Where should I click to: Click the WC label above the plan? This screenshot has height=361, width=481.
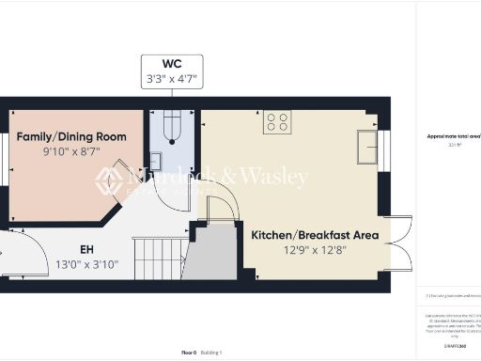(172, 64)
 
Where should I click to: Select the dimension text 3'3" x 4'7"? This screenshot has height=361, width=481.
(172, 80)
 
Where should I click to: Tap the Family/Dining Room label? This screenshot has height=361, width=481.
(71, 136)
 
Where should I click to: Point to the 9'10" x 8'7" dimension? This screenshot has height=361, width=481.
(71, 151)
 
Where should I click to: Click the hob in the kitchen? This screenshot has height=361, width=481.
(277, 121)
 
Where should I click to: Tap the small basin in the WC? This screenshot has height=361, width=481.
(156, 160)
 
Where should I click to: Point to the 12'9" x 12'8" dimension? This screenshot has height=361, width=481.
(315, 250)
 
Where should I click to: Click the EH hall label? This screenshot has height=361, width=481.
(87, 250)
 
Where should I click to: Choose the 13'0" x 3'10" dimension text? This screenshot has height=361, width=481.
(87, 265)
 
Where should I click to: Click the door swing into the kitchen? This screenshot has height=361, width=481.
(222, 203)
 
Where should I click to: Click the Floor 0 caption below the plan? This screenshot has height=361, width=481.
(189, 353)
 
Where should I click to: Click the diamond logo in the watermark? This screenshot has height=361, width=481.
(110, 180)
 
